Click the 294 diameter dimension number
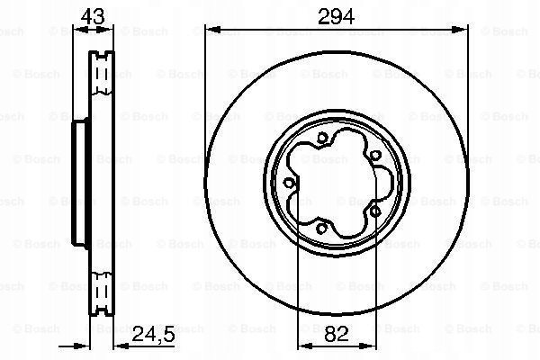pyautogui.click(x=336, y=16)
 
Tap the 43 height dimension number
pyautogui.click(x=93, y=16)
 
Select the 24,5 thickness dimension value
pyautogui.click(x=154, y=334)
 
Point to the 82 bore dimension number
pyautogui.click(x=336, y=334)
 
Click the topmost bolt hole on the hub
pyautogui.click(x=321, y=138)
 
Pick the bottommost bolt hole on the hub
pyautogui.click(x=321, y=228)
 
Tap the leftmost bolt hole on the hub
pyautogui.click(x=289, y=183)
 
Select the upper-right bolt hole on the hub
pyautogui.click(x=374, y=156)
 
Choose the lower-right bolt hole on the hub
pyautogui.click(x=375, y=211)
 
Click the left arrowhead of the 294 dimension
pyautogui.click(x=212, y=30)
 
